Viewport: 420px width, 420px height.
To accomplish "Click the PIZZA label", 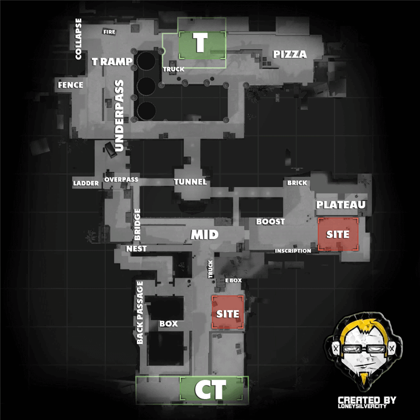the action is click(x=290, y=55).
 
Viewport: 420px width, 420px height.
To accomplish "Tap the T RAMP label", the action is click(x=112, y=61).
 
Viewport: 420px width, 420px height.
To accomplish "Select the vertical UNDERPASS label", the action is click(x=119, y=115).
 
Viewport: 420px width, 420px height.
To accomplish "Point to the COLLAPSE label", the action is click(x=78, y=39).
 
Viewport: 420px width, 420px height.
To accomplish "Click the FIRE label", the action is click(x=109, y=32).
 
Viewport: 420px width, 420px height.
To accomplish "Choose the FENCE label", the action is click(x=70, y=85).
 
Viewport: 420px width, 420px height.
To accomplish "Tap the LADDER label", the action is click(x=86, y=183).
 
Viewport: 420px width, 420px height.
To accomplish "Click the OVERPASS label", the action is click(x=121, y=180).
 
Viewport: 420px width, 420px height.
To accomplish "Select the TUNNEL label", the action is click(x=191, y=182).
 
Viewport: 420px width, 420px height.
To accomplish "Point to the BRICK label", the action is click(x=297, y=183).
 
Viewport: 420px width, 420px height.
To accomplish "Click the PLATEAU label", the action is click(x=341, y=205).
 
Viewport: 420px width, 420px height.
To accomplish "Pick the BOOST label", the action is click(x=270, y=222).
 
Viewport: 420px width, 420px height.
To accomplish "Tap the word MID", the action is click(x=205, y=235).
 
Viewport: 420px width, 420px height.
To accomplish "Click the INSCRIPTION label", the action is click(x=293, y=251).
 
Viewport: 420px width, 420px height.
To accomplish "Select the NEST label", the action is click(x=136, y=249).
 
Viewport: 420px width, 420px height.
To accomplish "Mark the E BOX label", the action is click(x=233, y=280).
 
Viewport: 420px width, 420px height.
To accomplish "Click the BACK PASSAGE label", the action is click(x=140, y=312).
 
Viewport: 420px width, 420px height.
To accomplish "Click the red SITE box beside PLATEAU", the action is click(x=338, y=234).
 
